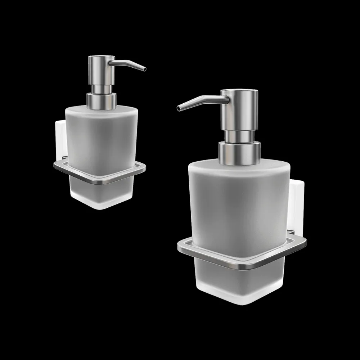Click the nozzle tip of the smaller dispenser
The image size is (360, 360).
(x=144, y=69)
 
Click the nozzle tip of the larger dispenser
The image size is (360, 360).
(x=179, y=108)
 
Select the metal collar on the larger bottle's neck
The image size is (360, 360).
(x=239, y=153)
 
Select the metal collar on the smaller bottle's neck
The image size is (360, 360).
(x=102, y=101)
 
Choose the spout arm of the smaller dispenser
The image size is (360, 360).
(x=126, y=63)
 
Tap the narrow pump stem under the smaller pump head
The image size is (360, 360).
(x=101, y=89)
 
